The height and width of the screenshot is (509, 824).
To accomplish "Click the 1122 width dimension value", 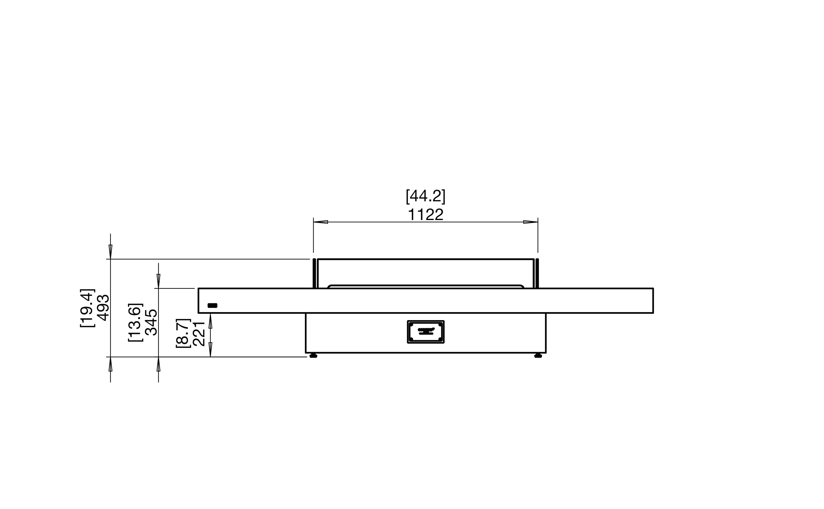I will point(425,215).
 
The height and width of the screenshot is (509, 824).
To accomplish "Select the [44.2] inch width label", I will point(425,196).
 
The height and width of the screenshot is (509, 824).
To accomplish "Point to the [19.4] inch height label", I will point(87,307).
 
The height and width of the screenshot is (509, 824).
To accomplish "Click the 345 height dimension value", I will point(151,322).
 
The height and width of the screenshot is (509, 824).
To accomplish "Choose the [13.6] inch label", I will point(135,322).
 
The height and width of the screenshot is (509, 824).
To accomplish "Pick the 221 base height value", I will point(199,334).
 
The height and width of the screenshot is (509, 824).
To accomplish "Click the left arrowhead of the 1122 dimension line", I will point(321,222).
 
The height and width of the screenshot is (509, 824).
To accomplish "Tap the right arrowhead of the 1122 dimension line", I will point(530,222).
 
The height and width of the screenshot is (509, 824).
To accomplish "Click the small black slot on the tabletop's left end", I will point(212,305).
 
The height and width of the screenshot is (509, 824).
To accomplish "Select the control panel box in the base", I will point(425,332).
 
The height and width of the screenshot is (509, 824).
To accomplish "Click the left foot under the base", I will point(313,356).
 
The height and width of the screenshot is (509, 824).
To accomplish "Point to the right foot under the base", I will point(538,356).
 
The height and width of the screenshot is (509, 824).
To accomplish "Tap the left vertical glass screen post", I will point(314,273).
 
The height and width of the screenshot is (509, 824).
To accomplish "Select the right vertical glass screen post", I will point(537,273).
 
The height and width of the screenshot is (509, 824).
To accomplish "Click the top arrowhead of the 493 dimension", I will point(111,252).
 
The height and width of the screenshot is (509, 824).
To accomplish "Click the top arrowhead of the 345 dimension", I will point(158,281).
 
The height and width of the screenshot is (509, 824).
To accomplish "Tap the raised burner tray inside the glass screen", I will point(425,286).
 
